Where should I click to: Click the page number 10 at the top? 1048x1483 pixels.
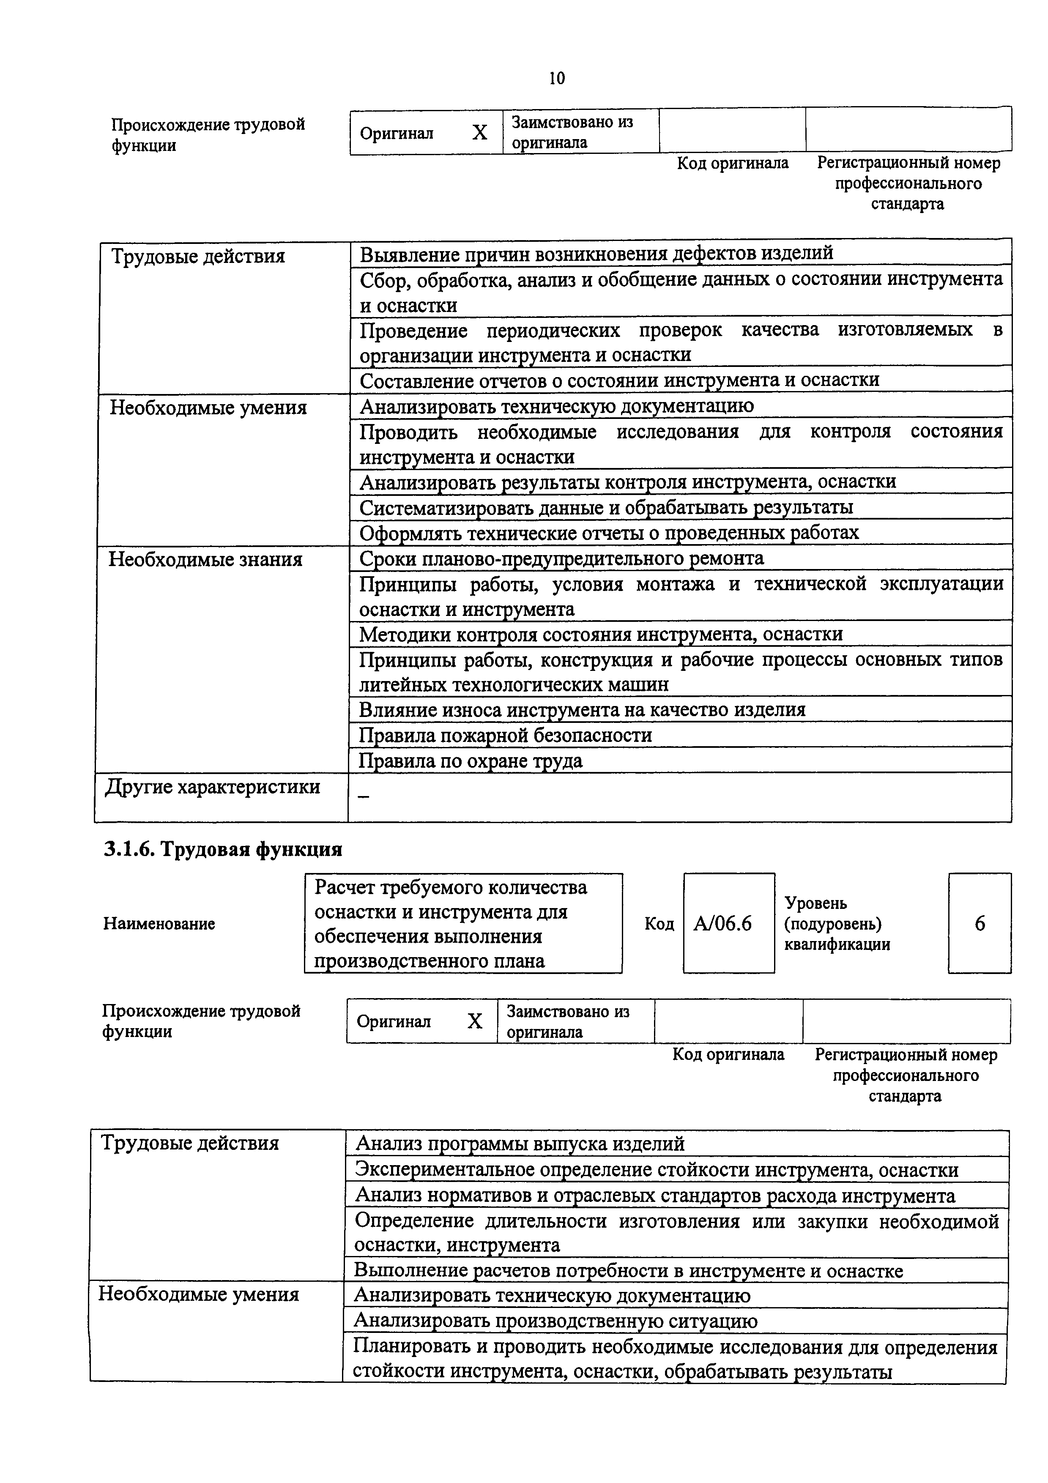click(x=557, y=78)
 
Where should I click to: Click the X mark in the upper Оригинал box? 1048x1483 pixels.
click(x=479, y=132)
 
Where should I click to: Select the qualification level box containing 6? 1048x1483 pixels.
click(x=979, y=924)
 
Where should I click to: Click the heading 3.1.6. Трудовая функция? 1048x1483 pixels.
click(x=223, y=849)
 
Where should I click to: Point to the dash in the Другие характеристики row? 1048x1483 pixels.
click(x=364, y=798)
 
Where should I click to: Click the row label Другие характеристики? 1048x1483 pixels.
click(x=213, y=787)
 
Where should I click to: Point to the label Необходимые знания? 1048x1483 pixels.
click(x=205, y=559)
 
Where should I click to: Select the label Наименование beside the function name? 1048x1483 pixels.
click(x=159, y=924)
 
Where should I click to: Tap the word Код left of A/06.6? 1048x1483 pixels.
click(x=659, y=924)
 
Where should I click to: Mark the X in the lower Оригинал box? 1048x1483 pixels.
click(x=475, y=1021)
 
